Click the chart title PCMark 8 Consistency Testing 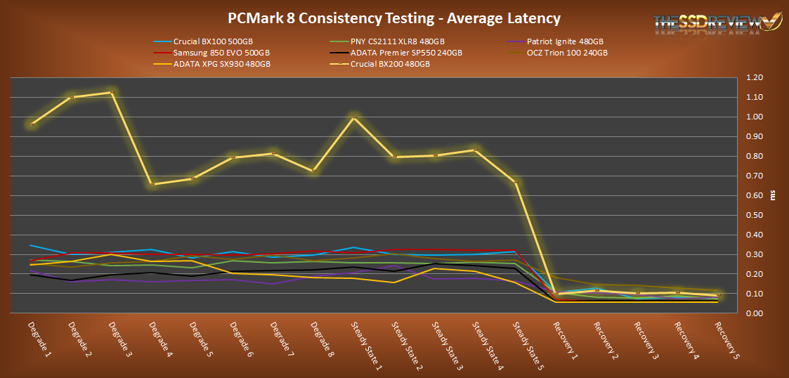coord(394,18)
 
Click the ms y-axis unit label coord(774,196)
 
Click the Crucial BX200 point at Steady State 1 coord(354,117)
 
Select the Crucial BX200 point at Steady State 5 coord(516,182)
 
